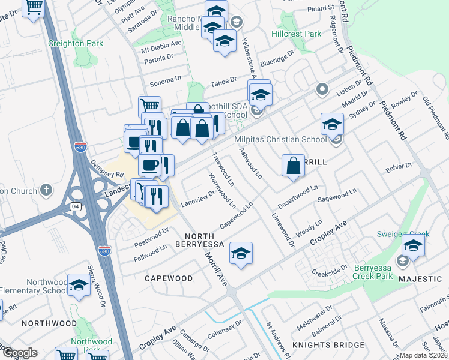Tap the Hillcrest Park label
[297, 34]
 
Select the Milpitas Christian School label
[280, 139]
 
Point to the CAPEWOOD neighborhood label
[169, 278]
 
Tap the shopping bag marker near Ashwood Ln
[292, 166]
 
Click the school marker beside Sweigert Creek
[413, 244]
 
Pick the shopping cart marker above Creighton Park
[35, 7]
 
